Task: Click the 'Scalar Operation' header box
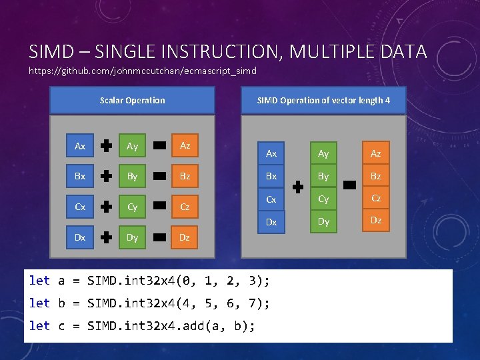coord(133,100)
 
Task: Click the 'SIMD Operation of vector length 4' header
coord(323,100)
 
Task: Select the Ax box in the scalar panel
coord(80,146)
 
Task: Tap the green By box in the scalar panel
coord(132,177)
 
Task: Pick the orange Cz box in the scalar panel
coord(185,207)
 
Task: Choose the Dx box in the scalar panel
coord(80,237)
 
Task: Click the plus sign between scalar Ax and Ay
coord(106,146)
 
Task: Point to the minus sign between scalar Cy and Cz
coord(159,207)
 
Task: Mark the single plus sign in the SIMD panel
coord(297,188)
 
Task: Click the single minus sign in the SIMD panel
coord(350,188)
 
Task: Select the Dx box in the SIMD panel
coord(271,222)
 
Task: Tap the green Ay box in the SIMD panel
coord(323,154)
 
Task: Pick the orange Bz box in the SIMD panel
coord(376,177)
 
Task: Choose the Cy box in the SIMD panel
coord(323,199)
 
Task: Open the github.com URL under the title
coord(143,71)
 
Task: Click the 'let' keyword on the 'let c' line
coord(39,326)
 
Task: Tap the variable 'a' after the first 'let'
coord(61,281)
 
